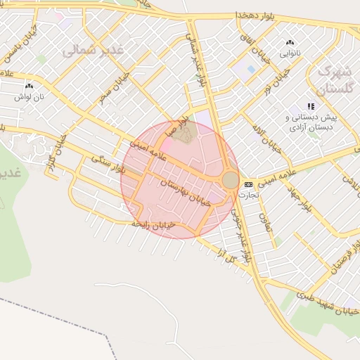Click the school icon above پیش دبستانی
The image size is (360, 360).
coord(311,106)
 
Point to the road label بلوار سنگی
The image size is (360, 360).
coord(108,165)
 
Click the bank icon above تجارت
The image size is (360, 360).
coord(248,184)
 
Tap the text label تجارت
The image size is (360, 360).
coord(248,194)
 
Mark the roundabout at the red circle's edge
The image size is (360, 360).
coord(231,181)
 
